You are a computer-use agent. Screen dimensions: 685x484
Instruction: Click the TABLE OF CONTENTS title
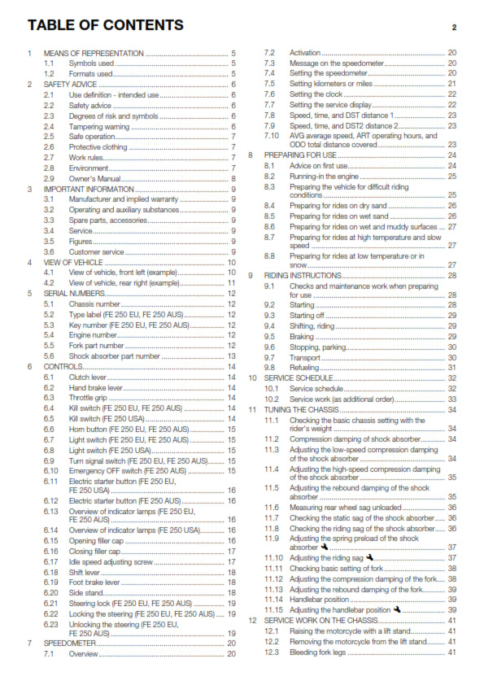point(105,25)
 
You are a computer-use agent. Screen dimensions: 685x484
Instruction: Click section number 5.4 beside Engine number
point(49,335)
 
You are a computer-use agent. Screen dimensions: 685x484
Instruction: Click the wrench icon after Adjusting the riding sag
point(370,557)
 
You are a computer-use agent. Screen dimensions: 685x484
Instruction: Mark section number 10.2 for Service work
point(270,399)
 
